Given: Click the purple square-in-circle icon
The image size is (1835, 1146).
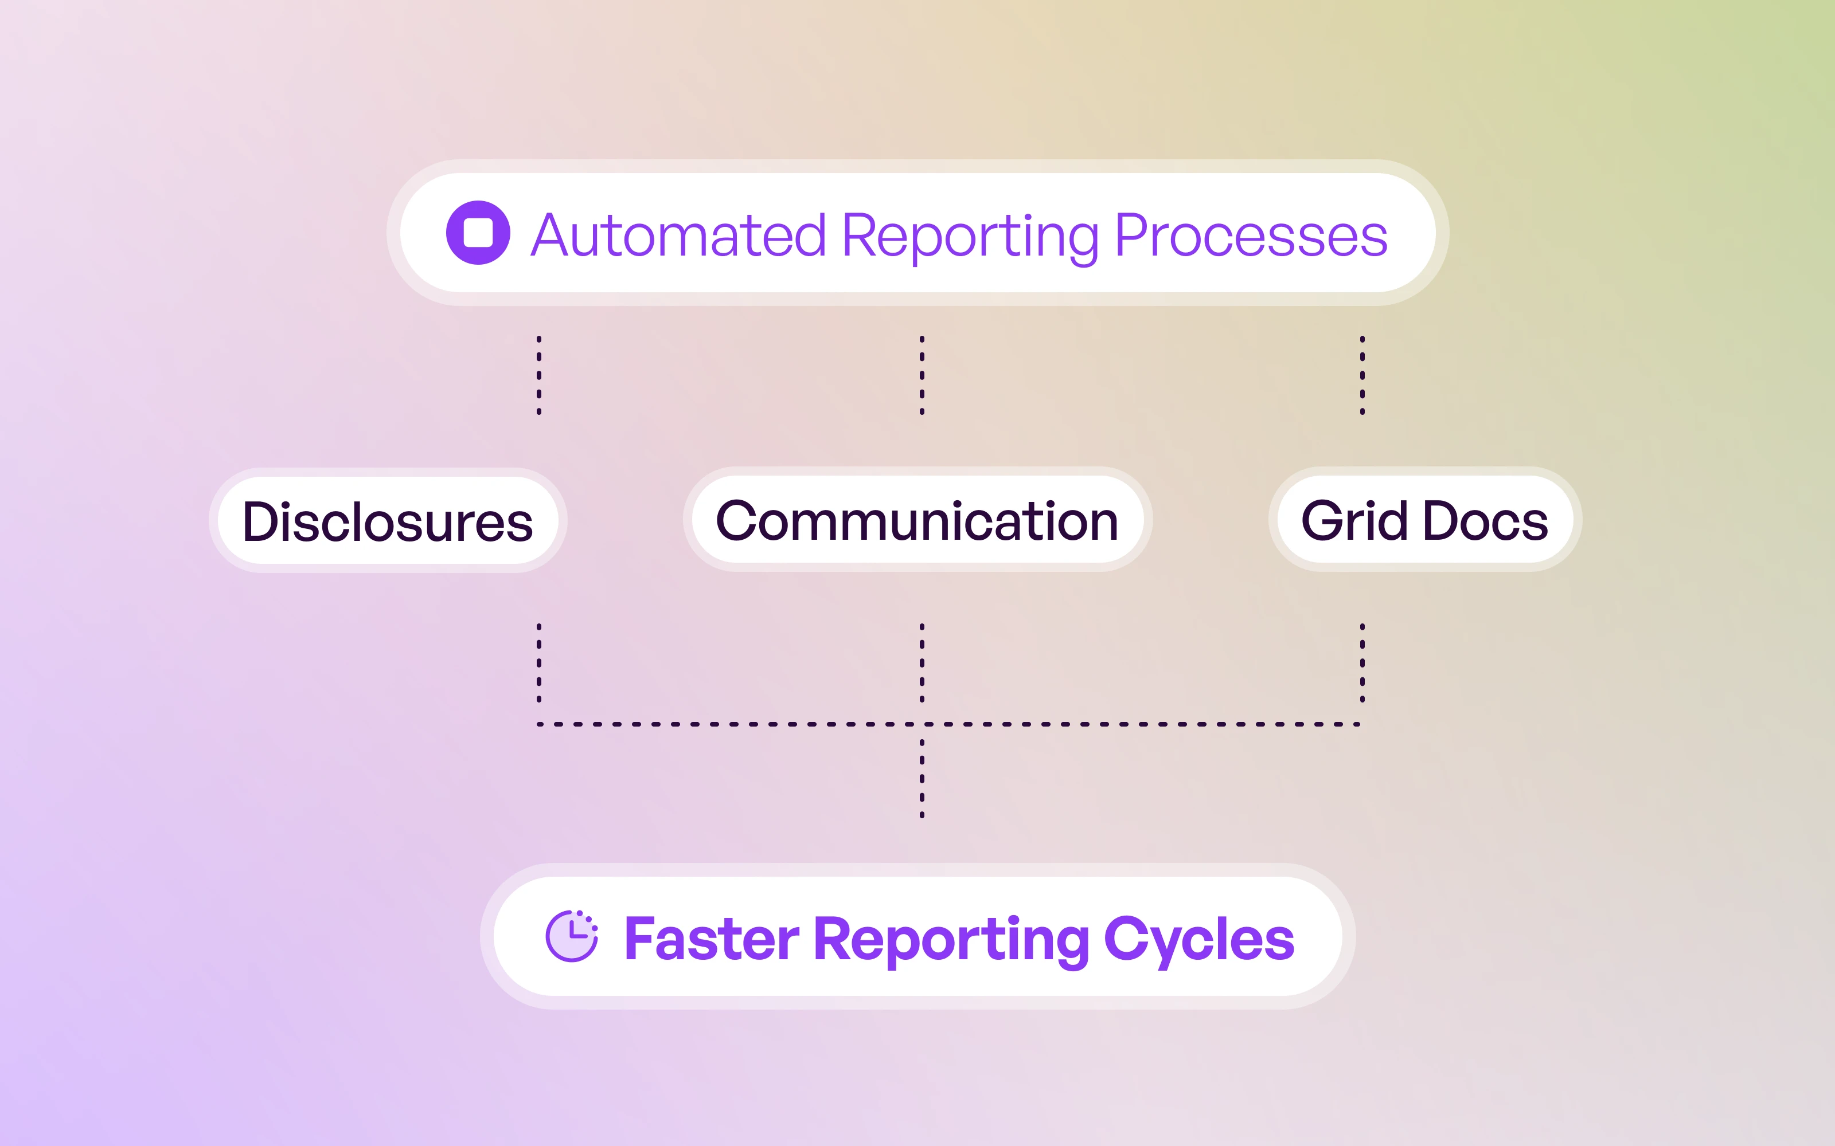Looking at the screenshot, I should [x=478, y=233].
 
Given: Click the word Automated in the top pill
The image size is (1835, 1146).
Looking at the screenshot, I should [x=678, y=236].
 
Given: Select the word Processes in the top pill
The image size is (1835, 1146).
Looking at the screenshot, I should [x=1251, y=236].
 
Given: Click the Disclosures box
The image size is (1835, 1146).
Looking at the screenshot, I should [x=388, y=521].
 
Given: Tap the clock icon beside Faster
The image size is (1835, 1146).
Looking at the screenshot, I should [x=572, y=937].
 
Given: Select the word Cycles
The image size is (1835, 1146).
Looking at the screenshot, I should [x=1199, y=940].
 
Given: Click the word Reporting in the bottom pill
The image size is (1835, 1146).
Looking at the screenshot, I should [x=952, y=940].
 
